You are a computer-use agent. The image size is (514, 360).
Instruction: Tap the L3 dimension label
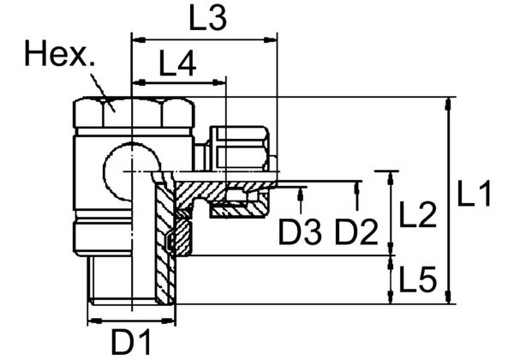click(208, 19)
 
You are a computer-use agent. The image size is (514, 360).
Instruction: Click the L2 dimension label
click(419, 215)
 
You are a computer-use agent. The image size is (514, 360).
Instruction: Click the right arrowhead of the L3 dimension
click(273, 39)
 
